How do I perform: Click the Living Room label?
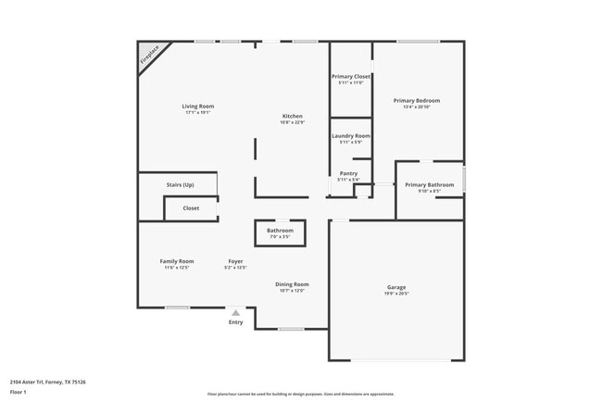pos(197,107)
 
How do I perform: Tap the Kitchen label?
pos(292,117)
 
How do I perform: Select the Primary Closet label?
pos(350,76)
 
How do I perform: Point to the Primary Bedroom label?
pos(416,100)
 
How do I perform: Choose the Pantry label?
pos(348,173)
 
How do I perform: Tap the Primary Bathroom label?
pos(429,184)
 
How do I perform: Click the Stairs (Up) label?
pos(180,184)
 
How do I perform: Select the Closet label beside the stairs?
pos(191,208)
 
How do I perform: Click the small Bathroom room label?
pos(280,230)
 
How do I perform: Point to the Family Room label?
pos(176,261)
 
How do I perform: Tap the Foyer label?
pos(236,261)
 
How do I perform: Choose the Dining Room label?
pos(292,284)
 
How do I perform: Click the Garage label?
pos(396,287)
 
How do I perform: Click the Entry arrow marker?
pos(236,313)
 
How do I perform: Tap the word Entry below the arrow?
pos(236,322)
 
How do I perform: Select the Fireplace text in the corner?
pos(147,56)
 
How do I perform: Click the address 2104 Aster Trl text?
pos(47,381)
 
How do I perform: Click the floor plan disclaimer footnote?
pos(300,393)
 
